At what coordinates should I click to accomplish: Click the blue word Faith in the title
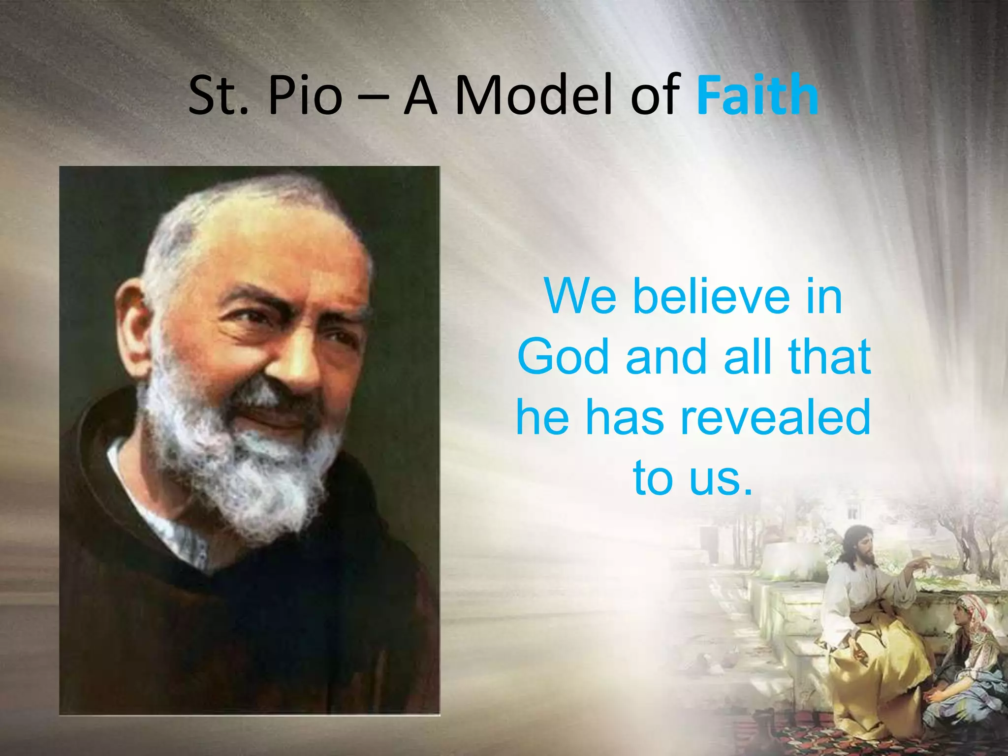tap(757, 94)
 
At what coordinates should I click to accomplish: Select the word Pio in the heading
tap(305, 94)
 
